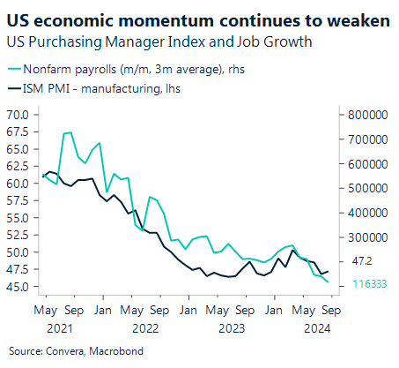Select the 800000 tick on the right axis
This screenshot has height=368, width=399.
(x=360, y=115)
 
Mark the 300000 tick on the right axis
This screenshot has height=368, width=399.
(x=360, y=237)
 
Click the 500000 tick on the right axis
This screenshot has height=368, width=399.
(x=360, y=188)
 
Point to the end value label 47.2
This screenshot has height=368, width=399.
(x=362, y=262)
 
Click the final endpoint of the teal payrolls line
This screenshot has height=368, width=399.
(x=329, y=282)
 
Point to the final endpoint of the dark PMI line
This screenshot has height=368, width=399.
(x=329, y=271)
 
